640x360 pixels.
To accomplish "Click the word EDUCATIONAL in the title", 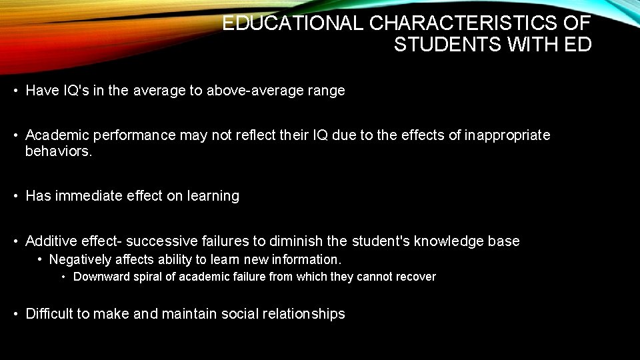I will (x=293, y=23).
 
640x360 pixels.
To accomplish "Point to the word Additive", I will (x=51, y=241).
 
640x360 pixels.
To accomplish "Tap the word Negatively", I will (x=81, y=259).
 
